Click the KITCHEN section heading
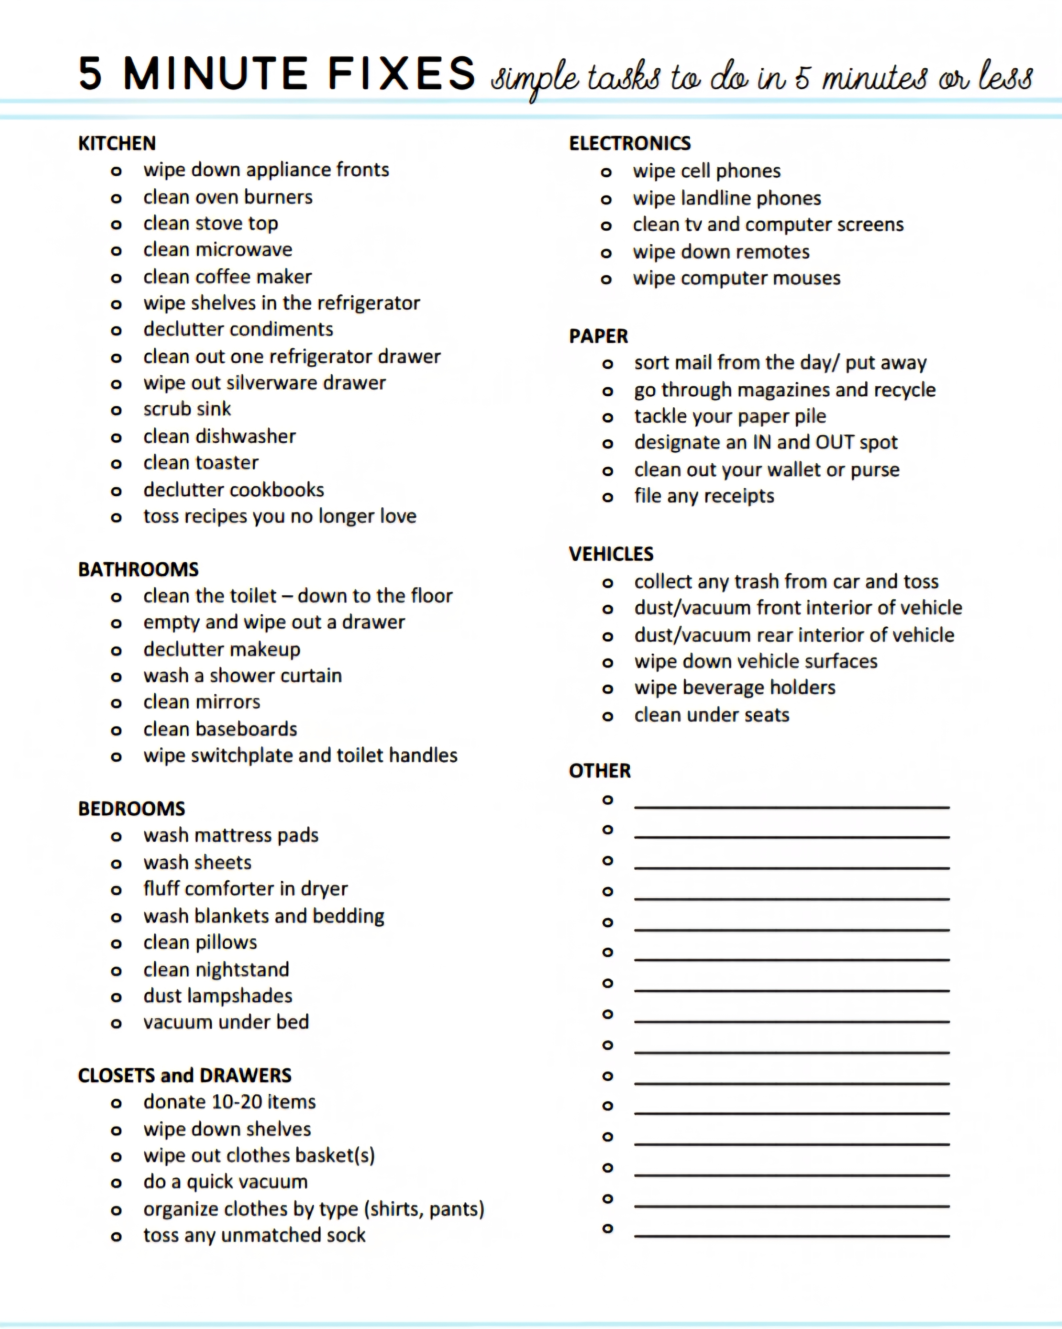click(116, 144)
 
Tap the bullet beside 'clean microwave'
click(116, 251)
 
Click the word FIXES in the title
click(401, 74)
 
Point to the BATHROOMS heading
click(138, 569)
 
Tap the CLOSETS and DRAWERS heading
click(184, 1076)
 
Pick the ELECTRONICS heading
click(629, 144)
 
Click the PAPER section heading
click(598, 337)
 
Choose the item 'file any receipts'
click(704, 496)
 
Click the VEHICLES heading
click(611, 554)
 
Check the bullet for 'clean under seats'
click(608, 716)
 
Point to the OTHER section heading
click(599, 771)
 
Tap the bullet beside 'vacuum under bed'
click(116, 1024)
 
